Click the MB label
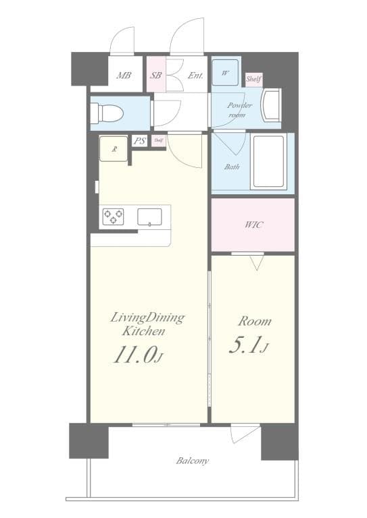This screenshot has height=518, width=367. pyautogui.click(x=124, y=76)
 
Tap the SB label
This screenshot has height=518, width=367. pyautogui.click(x=156, y=76)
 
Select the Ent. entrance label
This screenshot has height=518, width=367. pyautogui.click(x=195, y=76)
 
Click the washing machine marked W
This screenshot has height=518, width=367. pyautogui.click(x=225, y=72)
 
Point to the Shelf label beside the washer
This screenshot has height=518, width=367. pyautogui.click(x=253, y=80)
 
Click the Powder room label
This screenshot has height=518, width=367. pyautogui.click(x=239, y=110)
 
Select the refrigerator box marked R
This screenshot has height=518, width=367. pyautogui.click(x=113, y=148)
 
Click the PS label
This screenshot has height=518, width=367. pyautogui.click(x=140, y=141)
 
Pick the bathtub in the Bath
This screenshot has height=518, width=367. pyautogui.click(x=268, y=162)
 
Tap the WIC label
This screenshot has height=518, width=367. pyautogui.click(x=253, y=225)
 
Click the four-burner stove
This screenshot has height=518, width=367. pyautogui.click(x=113, y=217)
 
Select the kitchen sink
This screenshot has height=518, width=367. pyautogui.click(x=151, y=217)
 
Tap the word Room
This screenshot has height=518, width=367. pyautogui.click(x=254, y=321)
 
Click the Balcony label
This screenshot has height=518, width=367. pyautogui.click(x=193, y=461)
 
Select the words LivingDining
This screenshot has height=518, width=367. pyautogui.click(x=147, y=317)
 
